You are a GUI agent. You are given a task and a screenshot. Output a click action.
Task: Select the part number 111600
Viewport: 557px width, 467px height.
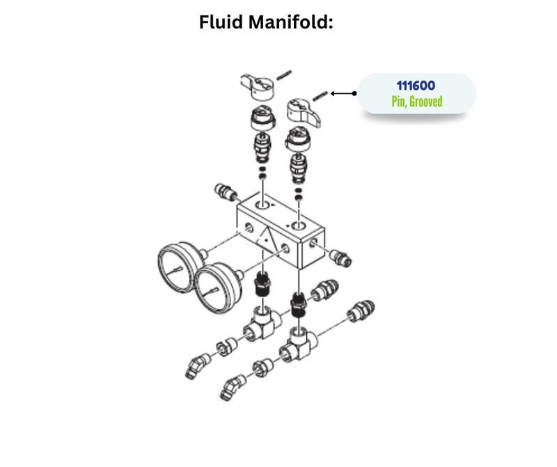tap(416, 86)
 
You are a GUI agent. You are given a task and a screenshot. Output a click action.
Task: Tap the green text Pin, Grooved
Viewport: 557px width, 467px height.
tap(416, 102)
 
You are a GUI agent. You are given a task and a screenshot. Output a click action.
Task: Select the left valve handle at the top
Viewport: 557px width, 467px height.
tap(257, 86)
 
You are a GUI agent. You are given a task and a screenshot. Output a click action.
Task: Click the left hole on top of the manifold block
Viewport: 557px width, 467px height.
tap(263, 206)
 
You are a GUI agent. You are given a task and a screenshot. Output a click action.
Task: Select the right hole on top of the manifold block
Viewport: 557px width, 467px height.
tap(299, 227)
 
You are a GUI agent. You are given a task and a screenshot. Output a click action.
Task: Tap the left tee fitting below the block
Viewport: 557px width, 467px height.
tap(264, 324)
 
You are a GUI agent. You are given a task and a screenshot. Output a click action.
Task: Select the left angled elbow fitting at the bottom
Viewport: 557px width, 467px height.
tap(198, 366)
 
